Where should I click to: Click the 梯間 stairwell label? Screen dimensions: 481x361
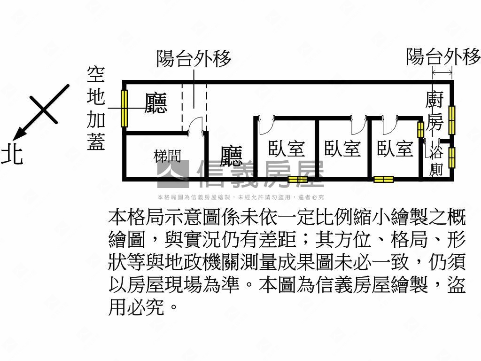point(168,156)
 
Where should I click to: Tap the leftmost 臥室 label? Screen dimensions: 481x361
point(287,149)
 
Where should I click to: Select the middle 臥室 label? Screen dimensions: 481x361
point(342,149)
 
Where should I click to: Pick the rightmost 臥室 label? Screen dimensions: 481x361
point(395,149)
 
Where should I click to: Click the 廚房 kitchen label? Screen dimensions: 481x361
point(434,112)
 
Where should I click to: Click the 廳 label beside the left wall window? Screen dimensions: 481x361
point(156,103)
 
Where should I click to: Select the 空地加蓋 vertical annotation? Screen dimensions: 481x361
point(96,109)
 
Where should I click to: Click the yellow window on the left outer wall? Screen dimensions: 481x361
point(124,108)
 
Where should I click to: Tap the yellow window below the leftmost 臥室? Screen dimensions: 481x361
point(297,179)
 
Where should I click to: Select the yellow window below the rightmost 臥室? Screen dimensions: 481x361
point(383,179)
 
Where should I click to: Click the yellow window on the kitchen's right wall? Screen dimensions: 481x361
point(452,120)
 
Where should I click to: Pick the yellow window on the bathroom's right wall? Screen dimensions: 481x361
point(452,158)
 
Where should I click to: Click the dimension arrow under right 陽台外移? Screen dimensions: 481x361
point(442,72)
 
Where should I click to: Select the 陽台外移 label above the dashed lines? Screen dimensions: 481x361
point(194,60)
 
